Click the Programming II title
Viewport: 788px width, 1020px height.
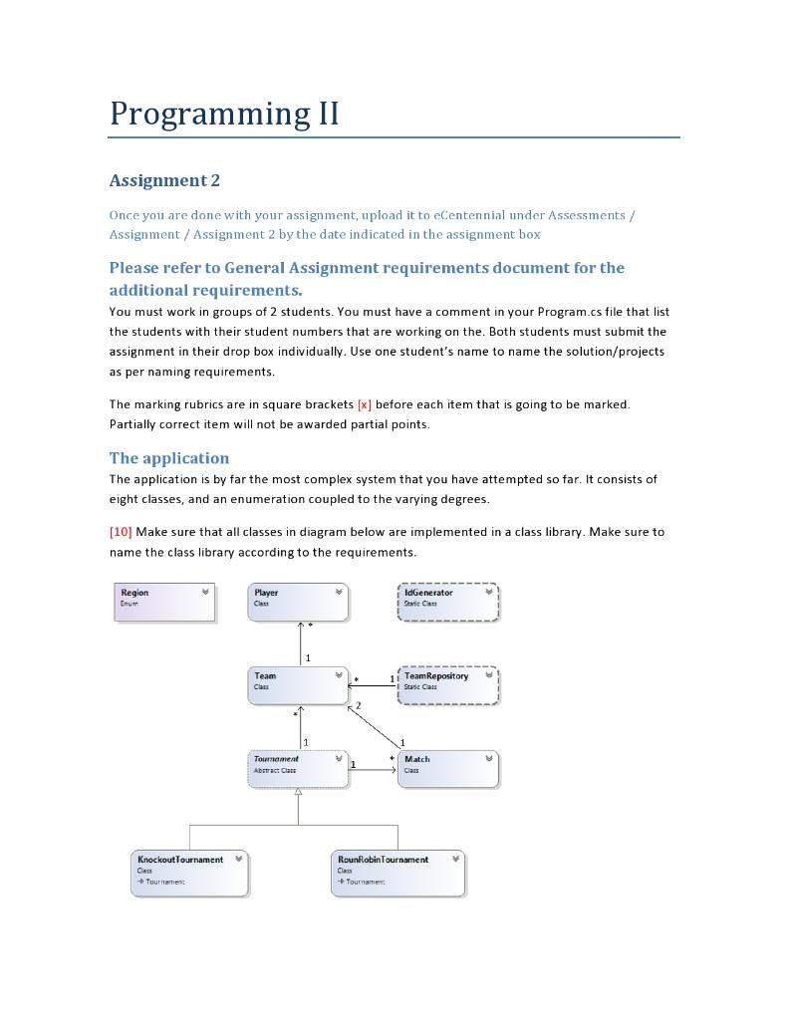224,114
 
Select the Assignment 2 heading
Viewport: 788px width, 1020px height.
163,180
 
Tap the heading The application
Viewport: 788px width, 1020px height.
168,458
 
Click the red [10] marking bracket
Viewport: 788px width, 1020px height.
120,532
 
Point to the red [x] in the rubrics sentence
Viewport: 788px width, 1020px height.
364,404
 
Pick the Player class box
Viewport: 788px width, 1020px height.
299,603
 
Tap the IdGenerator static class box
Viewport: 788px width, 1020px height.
447,603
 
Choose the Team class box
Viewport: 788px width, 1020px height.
299,686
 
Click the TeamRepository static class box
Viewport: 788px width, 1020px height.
447,686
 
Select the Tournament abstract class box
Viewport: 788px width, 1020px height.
299,769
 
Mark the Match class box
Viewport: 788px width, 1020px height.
447,769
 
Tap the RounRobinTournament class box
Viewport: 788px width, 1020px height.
398,873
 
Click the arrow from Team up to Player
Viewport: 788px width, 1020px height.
300,643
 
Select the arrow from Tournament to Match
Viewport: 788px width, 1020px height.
374,770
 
